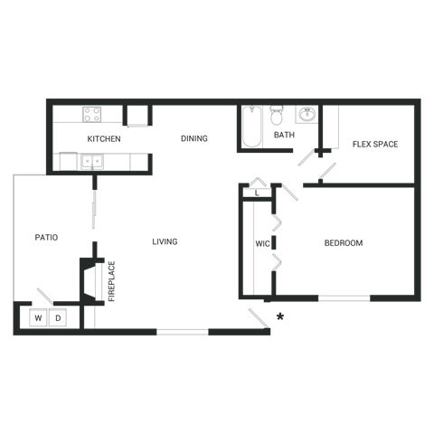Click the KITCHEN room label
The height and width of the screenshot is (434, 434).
coord(104,139)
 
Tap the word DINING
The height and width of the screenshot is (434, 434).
coord(193,138)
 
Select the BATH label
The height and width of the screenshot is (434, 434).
coord(284,136)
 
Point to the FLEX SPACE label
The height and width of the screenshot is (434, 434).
coord(375,144)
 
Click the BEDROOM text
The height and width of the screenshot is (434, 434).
coord(344,243)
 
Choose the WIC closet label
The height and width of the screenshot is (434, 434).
coord(263,244)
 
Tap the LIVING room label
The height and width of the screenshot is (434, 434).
coord(165,241)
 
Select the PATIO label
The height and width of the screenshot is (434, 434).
coord(46,238)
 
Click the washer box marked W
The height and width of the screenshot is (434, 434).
coord(39,317)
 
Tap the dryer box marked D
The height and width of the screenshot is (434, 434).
coord(57,317)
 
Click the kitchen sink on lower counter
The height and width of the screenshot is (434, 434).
coord(91,161)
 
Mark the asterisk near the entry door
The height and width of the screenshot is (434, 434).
coord(280,316)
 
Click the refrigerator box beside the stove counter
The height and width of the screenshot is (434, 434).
coord(137,115)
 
